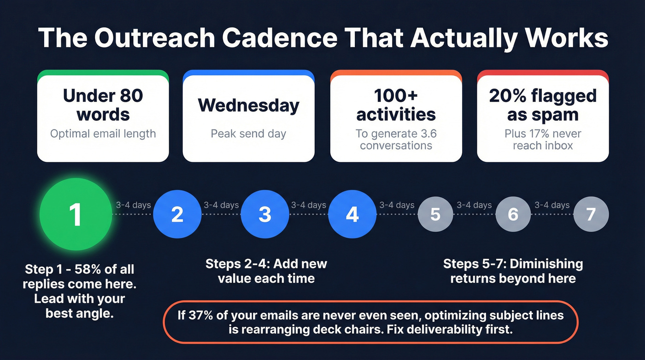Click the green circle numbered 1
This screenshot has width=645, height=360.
(76, 214)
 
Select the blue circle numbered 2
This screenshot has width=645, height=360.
(177, 214)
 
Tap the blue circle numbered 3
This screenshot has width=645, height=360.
(264, 214)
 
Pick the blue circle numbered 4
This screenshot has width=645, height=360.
(352, 214)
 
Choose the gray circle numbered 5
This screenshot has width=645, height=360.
(435, 214)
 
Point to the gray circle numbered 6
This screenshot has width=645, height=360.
(513, 214)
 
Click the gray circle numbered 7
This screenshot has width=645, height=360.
(591, 214)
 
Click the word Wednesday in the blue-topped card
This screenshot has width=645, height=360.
(248, 106)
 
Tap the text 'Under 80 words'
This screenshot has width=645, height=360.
(103, 105)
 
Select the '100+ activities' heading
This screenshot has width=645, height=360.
(396, 105)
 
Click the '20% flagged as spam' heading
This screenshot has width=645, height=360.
(543, 105)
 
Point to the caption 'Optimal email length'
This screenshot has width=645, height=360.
(103, 134)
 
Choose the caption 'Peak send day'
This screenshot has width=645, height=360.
(248, 134)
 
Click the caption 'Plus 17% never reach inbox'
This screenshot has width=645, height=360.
(543, 139)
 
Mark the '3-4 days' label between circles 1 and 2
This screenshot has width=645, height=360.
(133, 205)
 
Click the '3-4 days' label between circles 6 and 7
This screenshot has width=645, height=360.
(552, 205)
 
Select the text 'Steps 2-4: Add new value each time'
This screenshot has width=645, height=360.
(266, 271)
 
